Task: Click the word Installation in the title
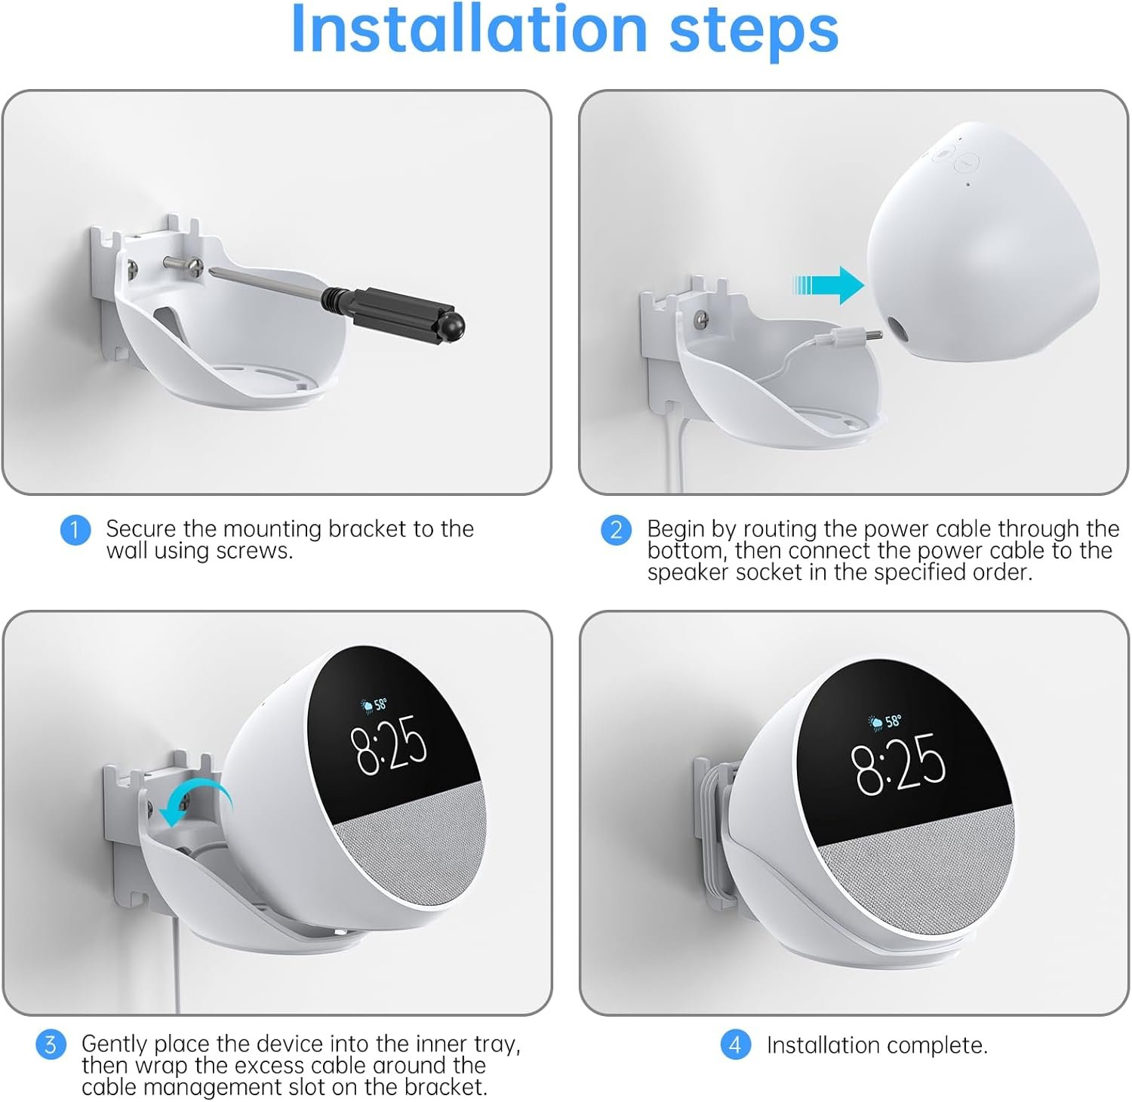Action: pos(469,29)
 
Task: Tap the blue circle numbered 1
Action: pos(75,529)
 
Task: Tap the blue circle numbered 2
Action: pos(616,530)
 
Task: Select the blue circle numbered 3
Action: pos(51,1045)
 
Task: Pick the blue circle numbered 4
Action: pos(735,1045)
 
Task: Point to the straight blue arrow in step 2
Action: pos(829,285)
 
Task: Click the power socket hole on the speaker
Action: pos(899,329)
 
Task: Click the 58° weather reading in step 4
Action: pos(894,721)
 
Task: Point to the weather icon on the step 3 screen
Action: pos(368,707)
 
